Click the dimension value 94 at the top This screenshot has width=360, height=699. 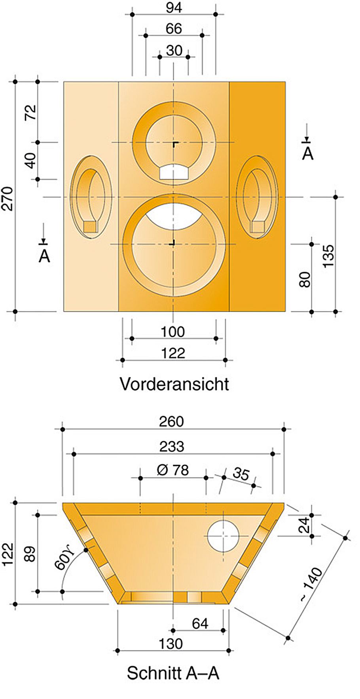click(174, 8)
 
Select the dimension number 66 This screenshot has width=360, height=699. click(174, 29)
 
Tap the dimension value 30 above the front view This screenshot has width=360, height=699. click(174, 51)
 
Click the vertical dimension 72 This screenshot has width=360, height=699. click(30, 112)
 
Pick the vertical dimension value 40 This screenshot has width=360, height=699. click(30, 161)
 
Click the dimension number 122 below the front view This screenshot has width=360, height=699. click(173, 353)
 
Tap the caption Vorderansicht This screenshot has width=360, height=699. click(174, 384)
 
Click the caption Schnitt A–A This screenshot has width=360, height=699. click(173, 672)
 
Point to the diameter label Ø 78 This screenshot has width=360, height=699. click(172, 470)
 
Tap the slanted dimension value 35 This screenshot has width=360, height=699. click(241, 473)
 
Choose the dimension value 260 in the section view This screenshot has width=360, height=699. click(172, 422)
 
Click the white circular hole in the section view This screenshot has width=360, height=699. click(224, 536)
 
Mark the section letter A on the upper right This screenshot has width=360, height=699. click(307, 153)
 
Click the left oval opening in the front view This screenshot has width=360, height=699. click(91, 197)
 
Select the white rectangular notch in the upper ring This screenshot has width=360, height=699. click(174, 172)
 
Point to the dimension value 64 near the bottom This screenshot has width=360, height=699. click(200, 624)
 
